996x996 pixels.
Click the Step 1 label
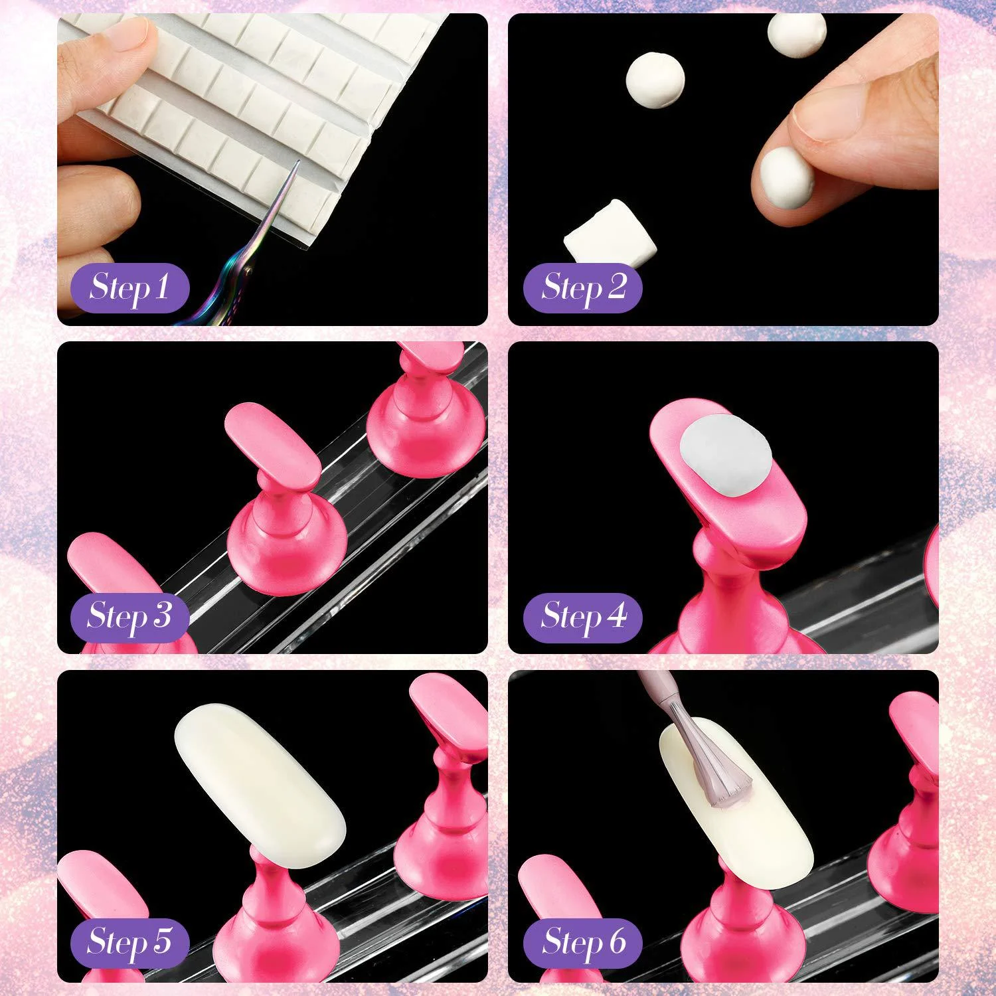click(129, 288)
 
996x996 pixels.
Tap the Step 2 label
click(582, 288)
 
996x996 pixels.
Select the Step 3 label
click(129, 616)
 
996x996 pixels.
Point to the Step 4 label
click(582, 616)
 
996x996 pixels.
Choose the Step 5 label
click(129, 942)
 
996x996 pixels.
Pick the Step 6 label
click(582, 942)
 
